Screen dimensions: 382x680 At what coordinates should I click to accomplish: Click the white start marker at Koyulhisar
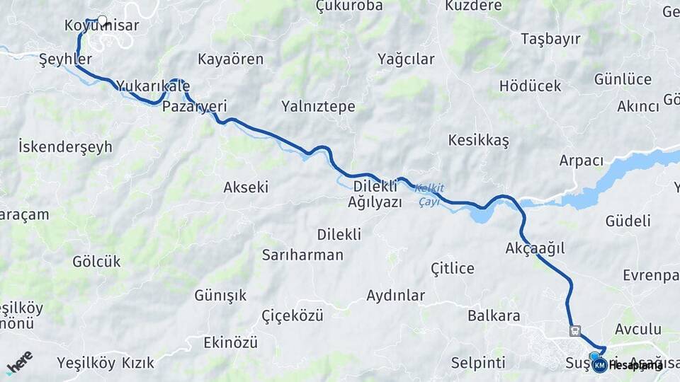pyautogui.click(x=102, y=21)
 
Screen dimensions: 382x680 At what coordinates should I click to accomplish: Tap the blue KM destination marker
pyautogui.click(x=599, y=365)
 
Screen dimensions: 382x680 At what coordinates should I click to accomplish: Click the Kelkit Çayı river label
pyautogui.click(x=430, y=195)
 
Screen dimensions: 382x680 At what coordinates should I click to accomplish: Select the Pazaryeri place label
pyautogui.click(x=194, y=106)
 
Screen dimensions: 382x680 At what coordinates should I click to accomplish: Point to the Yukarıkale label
pyautogui.click(x=153, y=86)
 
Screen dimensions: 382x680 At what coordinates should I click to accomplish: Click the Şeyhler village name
pyautogui.click(x=65, y=59)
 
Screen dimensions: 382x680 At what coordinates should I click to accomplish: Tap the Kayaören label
pyautogui.click(x=231, y=59)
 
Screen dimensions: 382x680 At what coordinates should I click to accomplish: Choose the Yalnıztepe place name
pyautogui.click(x=318, y=107)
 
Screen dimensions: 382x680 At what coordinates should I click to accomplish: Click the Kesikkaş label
pyautogui.click(x=478, y=140)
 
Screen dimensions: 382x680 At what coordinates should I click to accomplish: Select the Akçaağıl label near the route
pyautogui.click(x=535, y=248)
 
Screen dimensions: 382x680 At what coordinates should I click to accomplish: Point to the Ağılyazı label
pyautogui.click(x=375, y=202)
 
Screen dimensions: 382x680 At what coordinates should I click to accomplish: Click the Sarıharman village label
pyautogui.click(x=302, y=255)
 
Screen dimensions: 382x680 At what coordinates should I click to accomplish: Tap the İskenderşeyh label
pyautogui.click(x=65, y=147)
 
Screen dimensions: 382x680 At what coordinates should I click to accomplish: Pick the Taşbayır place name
pyautogui.click(x=550, y=38)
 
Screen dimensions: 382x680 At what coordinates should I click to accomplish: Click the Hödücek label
pyautogui.click(x=530, y=86)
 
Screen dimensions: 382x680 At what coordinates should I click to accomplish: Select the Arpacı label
pyautogui.click(x=581, y=160)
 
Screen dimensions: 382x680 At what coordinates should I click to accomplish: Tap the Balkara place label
pyautogui.click(x=494, y=316)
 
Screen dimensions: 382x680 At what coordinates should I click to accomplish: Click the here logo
pyautogui.click(x=19, y=362)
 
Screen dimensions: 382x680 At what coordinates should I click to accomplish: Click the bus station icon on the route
pyautogui.click(x=574, y=330)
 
